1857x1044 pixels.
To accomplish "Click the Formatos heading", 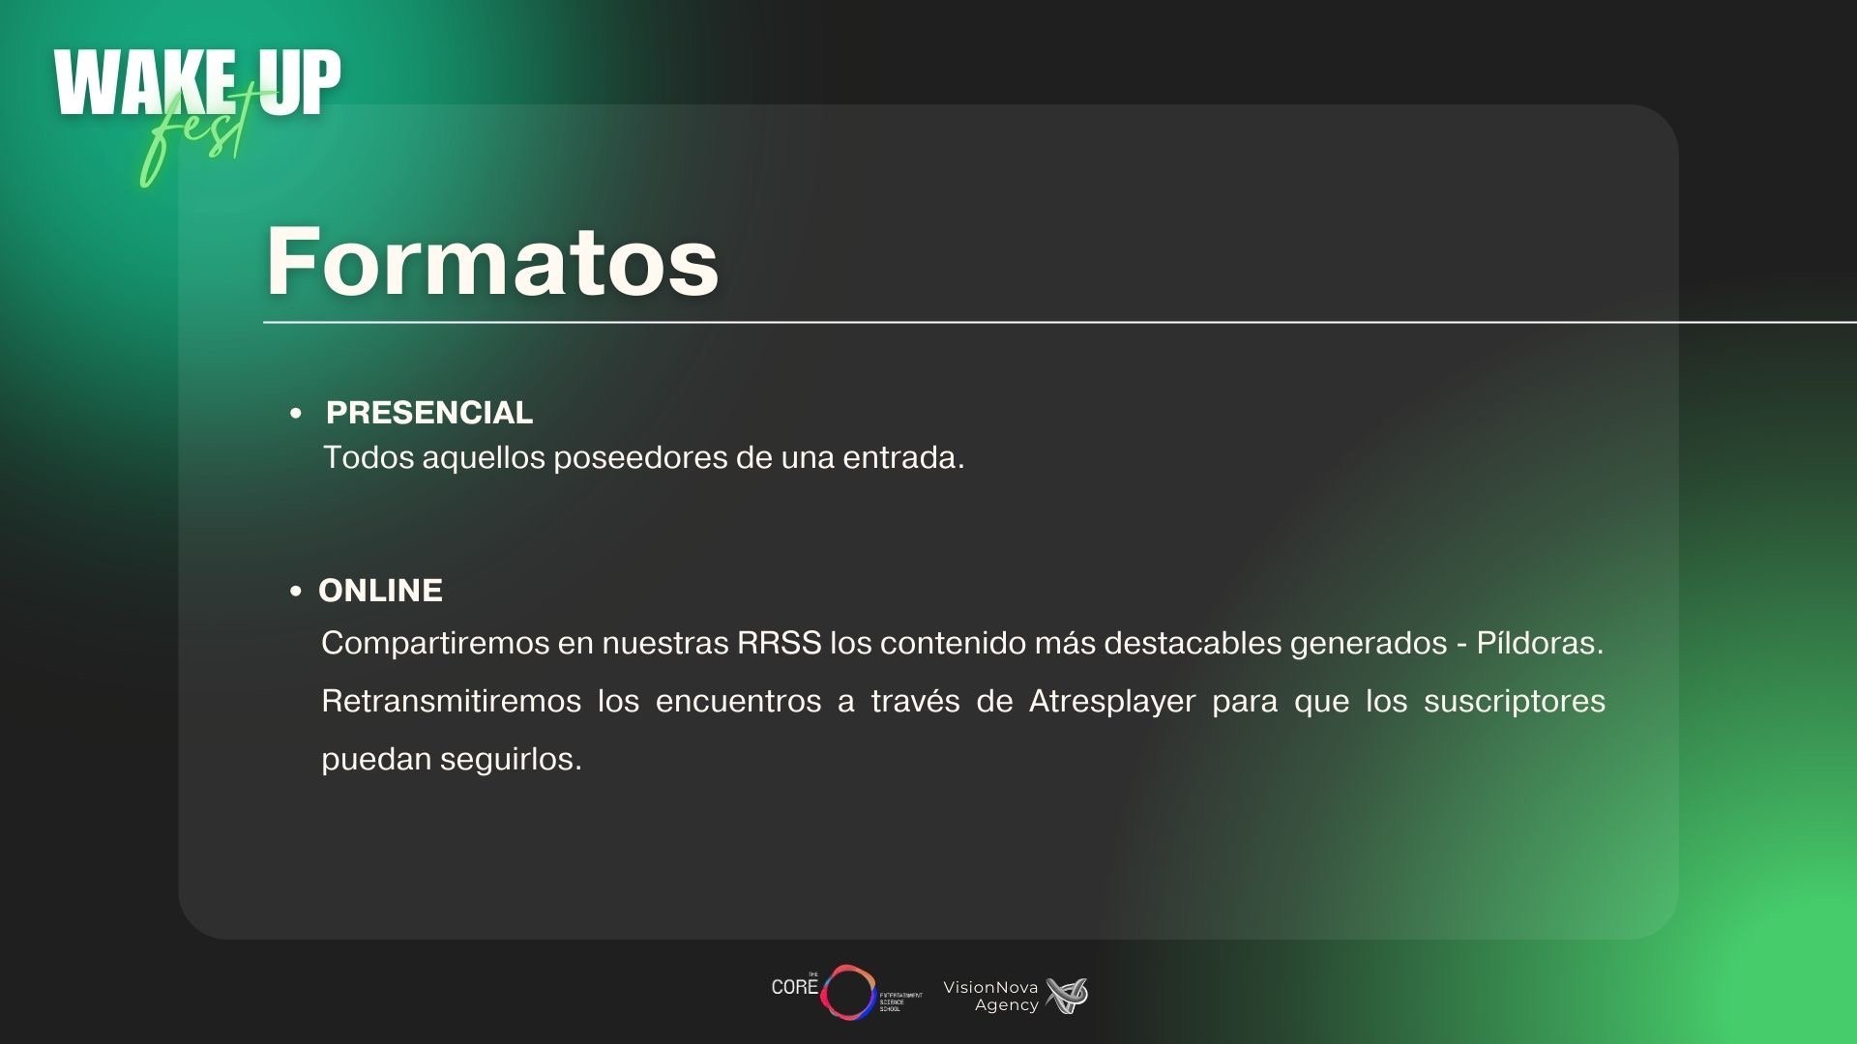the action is click(492, 261).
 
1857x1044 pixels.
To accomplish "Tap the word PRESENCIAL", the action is click(429, 413).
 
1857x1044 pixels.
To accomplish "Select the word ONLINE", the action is click(380, 591).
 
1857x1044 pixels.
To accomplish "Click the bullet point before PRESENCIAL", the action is click(296, 414).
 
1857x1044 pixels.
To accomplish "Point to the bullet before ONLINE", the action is click(296, 592).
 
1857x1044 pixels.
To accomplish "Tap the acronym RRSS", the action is click(779, 643).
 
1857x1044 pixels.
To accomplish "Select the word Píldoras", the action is click(1540, 643).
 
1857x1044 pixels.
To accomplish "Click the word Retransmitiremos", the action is click(451, 701).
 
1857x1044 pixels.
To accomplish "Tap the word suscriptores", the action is click(1515, 701).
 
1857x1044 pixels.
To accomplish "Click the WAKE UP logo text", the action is click(197, 84).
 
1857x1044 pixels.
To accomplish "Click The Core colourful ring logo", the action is click(848, 992).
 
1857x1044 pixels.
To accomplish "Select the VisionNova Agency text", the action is click(990, 996).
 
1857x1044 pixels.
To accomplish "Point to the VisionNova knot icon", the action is click(1068, 996).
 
